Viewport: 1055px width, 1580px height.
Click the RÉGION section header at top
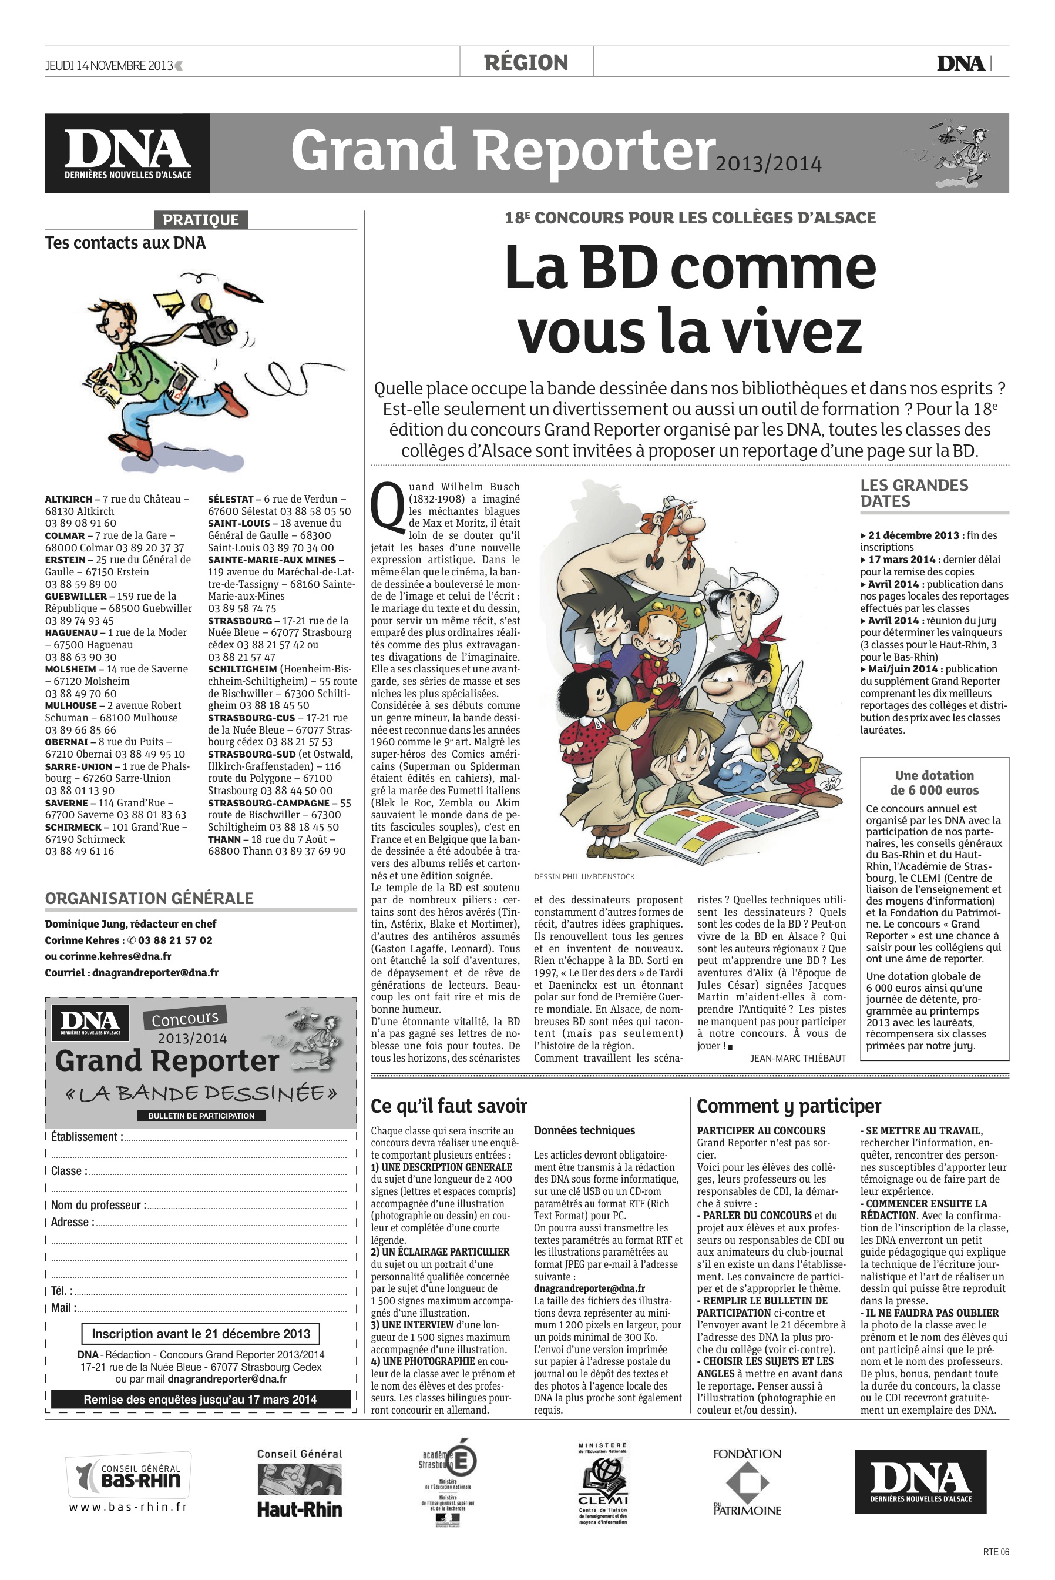point(526,63)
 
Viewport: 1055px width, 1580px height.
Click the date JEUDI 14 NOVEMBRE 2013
point(109,65)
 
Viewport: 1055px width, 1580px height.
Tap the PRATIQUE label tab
point(200,219)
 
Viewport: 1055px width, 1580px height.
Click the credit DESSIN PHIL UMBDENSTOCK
point(584,876)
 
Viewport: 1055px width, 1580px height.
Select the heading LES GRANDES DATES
point(913,493)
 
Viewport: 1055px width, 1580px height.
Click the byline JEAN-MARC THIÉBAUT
point(797,1057)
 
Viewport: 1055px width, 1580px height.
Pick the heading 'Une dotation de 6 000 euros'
point(934,782)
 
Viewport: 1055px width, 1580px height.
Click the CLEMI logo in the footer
point(603,1483)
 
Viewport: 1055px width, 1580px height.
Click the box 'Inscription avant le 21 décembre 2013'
point(200,1334)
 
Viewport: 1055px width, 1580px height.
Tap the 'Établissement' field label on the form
point(87,1136)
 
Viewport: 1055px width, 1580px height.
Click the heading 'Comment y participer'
point(788,1106)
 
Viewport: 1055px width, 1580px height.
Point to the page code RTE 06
point(995,1552)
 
